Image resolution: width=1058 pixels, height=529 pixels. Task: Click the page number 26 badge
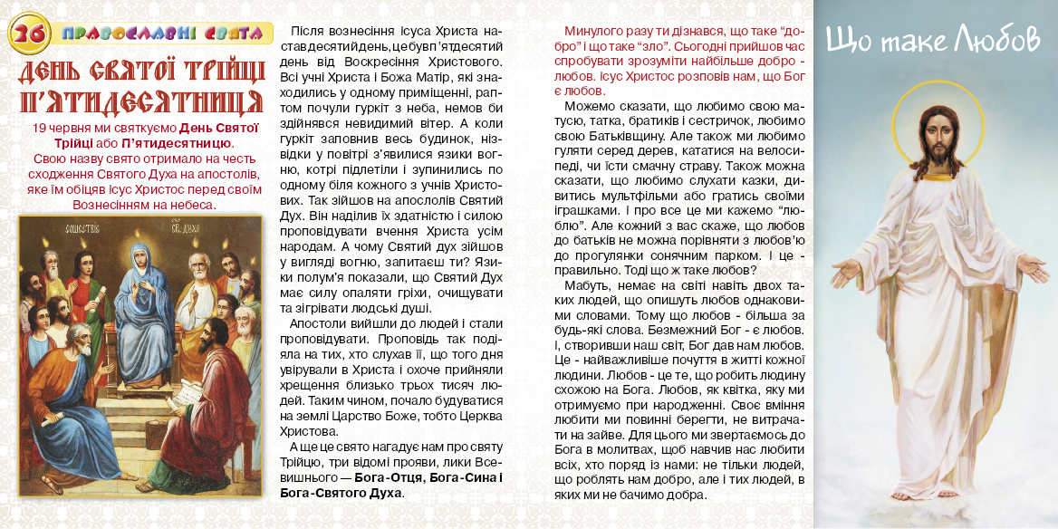pos(27,34)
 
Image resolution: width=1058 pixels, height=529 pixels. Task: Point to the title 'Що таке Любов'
pos(934,40)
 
